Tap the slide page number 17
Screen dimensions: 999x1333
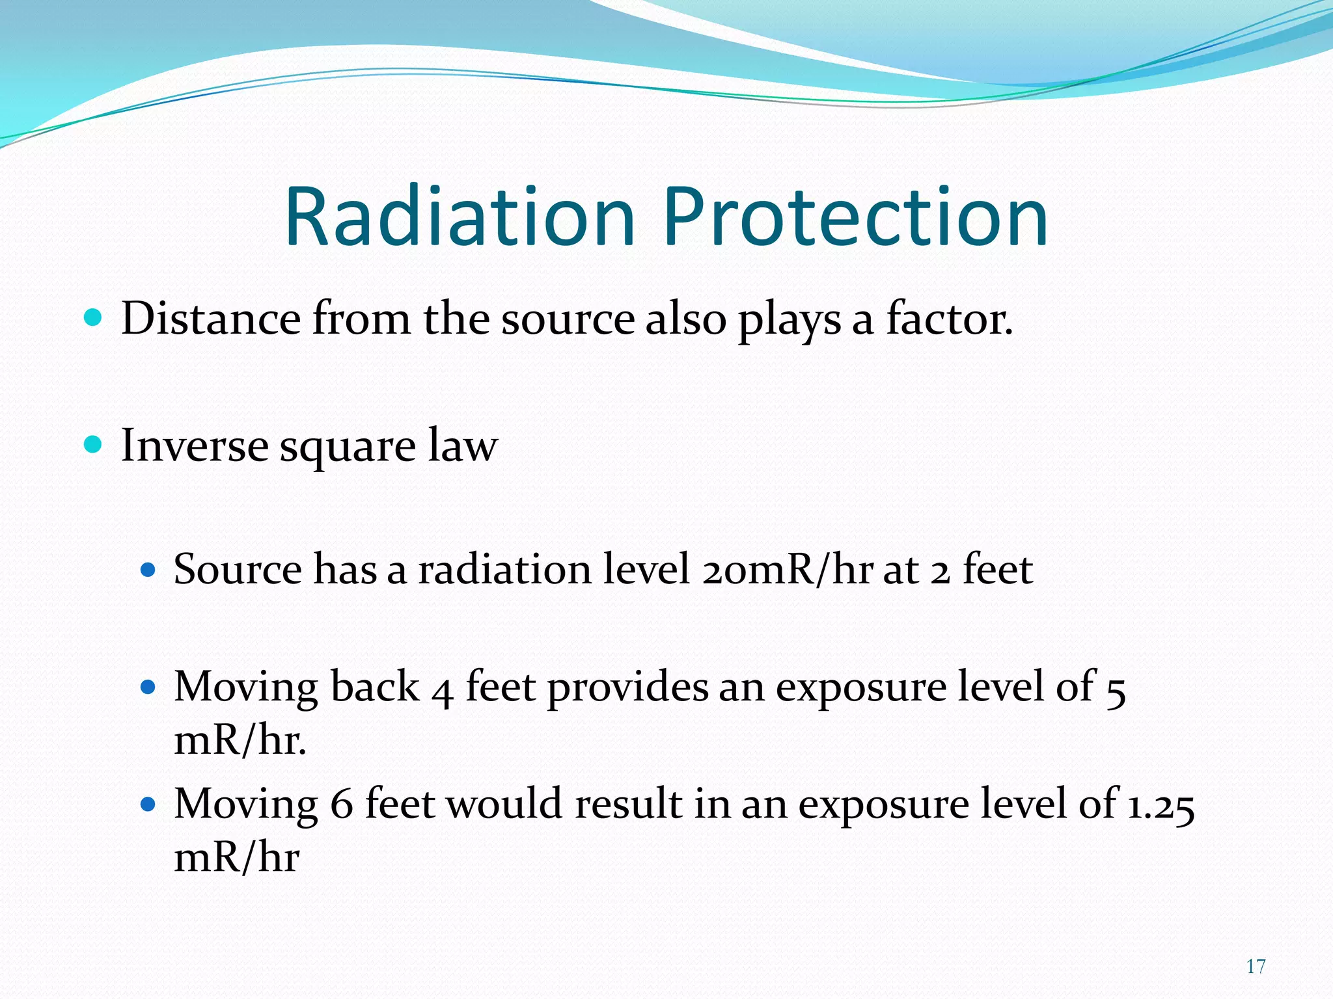tap(1256, 966)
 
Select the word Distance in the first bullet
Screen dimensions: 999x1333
tap(211, 319)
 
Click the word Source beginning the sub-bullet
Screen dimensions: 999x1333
tap(238, 570)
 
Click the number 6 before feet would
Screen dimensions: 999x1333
tap(342, 805)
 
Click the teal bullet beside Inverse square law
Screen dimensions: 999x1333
tap(94, 445)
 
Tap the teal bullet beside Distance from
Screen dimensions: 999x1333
tap(94, 318)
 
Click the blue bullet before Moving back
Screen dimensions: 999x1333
tap(148, 687)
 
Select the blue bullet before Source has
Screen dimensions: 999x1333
tap(148, 570)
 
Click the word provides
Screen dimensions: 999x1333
tap(627, 688)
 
